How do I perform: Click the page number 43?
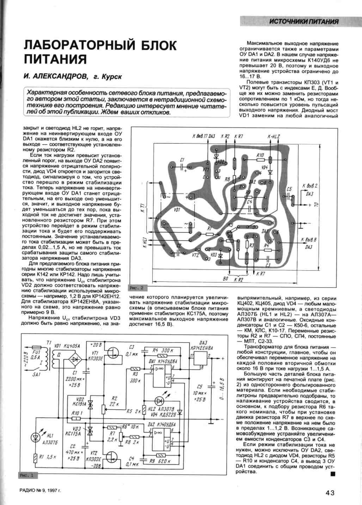(x=330, y=493)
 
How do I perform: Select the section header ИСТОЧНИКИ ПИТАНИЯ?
(x=303, y=22)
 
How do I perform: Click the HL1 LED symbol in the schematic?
(x=35, y=438)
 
